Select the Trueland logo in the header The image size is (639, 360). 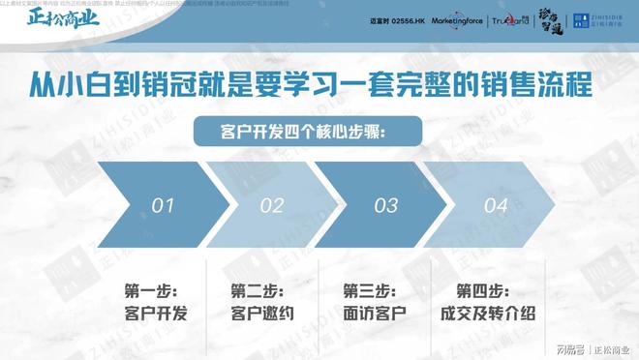509,19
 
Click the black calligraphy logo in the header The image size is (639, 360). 550,19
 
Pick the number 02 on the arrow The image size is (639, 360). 272,205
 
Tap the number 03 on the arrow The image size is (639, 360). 385,205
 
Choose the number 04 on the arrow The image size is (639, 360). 496,205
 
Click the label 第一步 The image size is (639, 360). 151,290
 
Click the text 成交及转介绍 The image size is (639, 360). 487,314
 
